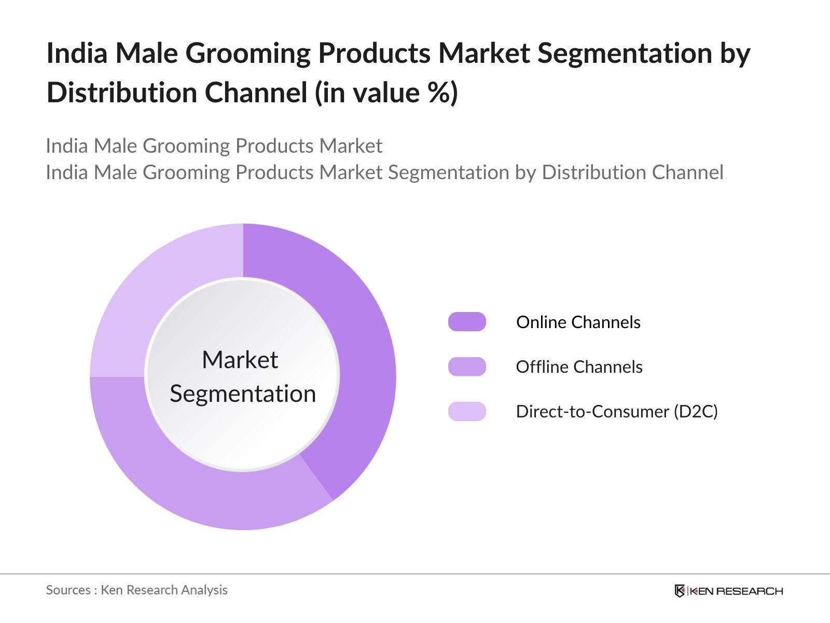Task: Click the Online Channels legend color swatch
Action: tap(467, 322)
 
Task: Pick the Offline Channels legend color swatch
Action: tap(467, 367)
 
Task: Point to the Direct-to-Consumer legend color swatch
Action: tap(467, 411)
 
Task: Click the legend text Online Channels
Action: tap(578, 322)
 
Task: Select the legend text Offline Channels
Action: tap(579, 367)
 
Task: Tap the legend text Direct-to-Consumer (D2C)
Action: tap(617, 412)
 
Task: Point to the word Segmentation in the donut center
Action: tap(243, 394)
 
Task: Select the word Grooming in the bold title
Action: tap(247, 54)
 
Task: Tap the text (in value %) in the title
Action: tap(386, 93)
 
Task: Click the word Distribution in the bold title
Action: tap(122, 92)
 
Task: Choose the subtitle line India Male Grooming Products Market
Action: tap(214, 146)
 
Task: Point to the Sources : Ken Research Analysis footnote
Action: tap(136, 590)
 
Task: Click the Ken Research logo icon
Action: tap(680, 591)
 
